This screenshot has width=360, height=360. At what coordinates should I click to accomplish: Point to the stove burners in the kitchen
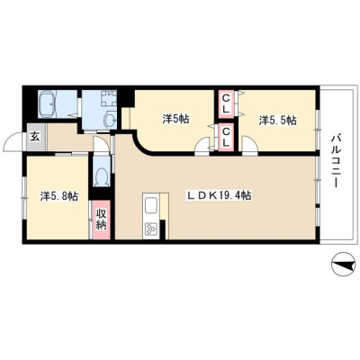pyautogui.click(x=151, y=230)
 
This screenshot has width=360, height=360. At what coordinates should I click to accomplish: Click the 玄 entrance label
pyautogui.click(x=35, y=137)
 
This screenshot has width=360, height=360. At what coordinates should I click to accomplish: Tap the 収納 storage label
pyautogui.click(x=102, y=220)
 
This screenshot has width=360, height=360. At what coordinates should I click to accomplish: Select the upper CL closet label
pyautogui.click(x=226, y=104)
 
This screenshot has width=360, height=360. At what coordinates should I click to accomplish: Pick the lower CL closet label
pyautogui.click(x=226, y=137)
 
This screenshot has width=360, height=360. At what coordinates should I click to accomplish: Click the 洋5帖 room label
pyautogui.click(x=175, y=119)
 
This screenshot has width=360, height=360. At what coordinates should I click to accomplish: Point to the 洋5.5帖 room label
pyautogui.click(x=278, y=121)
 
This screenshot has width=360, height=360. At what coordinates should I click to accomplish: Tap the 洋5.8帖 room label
pyautogui.click(x=59, y=196)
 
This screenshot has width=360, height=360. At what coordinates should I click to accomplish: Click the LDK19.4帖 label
pyautogui.click(x=220, y=195)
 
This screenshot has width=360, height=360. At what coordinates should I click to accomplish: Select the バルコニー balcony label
pyautogui.click(x=335, y=161)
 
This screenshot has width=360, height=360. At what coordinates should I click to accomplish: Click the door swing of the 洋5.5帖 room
pyautogui.click(x=249, y=145)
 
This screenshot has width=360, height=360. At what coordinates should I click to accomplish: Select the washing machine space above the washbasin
pyautogui.click(x=108, y=99)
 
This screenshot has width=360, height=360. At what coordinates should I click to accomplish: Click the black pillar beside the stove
pyautogui.click(x=163, y=229)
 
